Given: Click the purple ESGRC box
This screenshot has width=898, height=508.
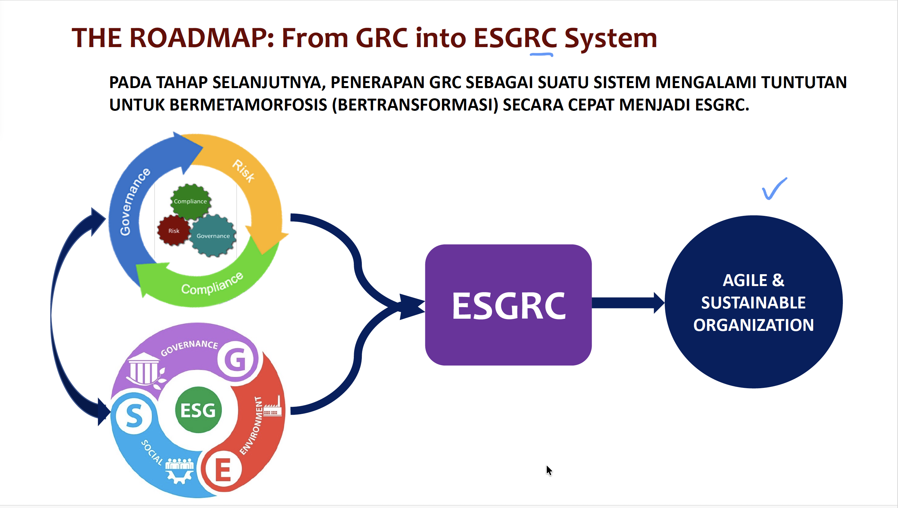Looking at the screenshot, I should click(508, 305).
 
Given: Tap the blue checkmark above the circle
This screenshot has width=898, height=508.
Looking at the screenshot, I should click(774, 189).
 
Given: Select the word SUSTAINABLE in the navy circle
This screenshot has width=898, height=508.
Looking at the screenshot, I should click(753, 302).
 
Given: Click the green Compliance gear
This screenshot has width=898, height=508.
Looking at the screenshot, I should click(191, 201).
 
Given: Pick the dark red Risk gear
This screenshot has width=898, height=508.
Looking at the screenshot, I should click(173, 231).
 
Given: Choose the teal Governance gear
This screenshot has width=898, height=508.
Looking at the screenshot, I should click(213, 236).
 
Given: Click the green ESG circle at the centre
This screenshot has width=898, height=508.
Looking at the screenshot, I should click(198, 410).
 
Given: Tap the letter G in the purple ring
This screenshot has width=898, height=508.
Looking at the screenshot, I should click(237, 359).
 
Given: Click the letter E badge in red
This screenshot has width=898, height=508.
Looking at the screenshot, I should click(223, 470).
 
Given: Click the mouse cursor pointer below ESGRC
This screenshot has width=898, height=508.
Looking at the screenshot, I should click(549, 470).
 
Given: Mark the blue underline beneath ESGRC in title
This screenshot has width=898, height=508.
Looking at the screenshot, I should click(541, 54).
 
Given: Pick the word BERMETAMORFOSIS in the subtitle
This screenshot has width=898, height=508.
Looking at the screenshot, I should click(248, 105).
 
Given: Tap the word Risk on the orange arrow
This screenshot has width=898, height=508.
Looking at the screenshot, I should click(244, 171).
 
